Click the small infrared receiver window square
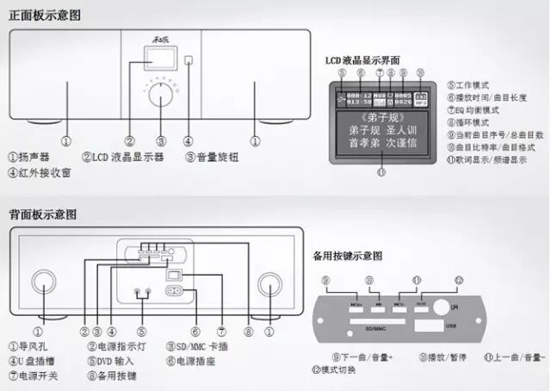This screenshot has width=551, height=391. pyautogui.click(x=189, y=61)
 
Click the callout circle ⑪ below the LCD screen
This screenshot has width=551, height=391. pyautogui.click(x=381, y=171)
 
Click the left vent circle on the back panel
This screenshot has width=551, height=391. pyautogui.click(x=40, y=282)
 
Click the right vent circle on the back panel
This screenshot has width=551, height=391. pyautogui.click(x=269, y=282)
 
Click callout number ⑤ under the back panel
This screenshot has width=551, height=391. pyautogui.click(x=142, y=331)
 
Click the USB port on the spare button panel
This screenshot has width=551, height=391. pyautogui.click(x=425, y=326)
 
